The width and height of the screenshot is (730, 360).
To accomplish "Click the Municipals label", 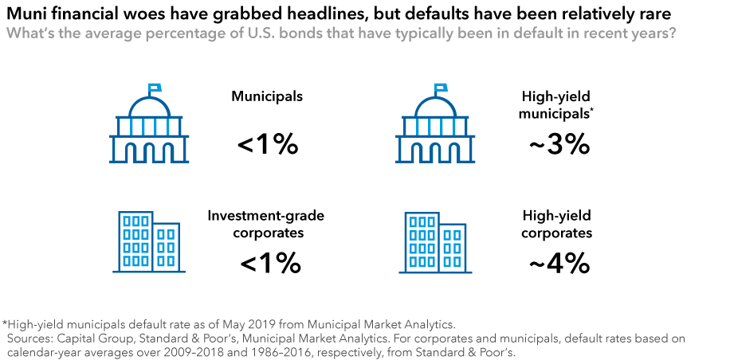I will [x=267, y=96].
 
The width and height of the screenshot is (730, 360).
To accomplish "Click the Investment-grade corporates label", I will [x=266, y=224].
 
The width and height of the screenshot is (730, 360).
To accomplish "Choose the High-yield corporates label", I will [x=557, y=224].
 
